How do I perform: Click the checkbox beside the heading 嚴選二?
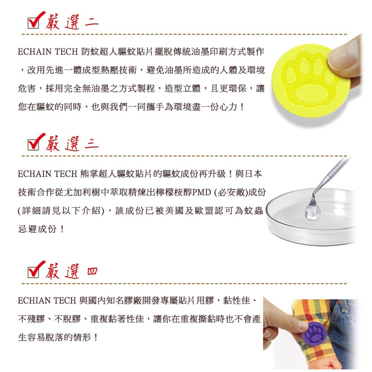tap(33, 23)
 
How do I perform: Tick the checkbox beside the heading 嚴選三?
tap(33, 145)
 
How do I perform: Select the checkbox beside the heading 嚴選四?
tap(33, 272)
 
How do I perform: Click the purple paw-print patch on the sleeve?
tap(314, 333)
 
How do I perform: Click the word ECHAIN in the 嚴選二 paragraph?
tap(34, 52)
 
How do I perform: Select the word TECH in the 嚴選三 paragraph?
tap(66, 174)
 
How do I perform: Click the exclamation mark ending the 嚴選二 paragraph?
tap(242, 107)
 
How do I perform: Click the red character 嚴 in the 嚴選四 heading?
tap(53, 271)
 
